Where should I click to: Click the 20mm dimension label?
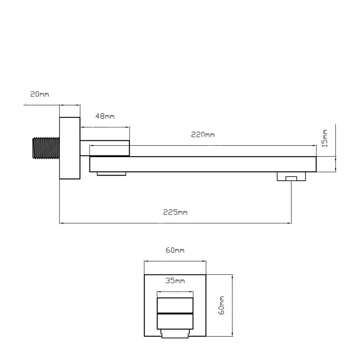(x=40, y=94)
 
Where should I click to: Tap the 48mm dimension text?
(x=105, y=116)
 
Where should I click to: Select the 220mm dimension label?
(x=203, y=135)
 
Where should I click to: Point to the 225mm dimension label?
(x=175, y=212)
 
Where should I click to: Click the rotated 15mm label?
(x=324, y=138)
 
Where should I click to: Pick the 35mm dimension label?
(x=175, y=280)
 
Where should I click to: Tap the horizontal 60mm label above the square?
(x=175, y=250)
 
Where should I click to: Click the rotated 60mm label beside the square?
(x=221, y=306)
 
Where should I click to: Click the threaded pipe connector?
(x=46, y=148)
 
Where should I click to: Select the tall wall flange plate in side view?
(x=70, y=148)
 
